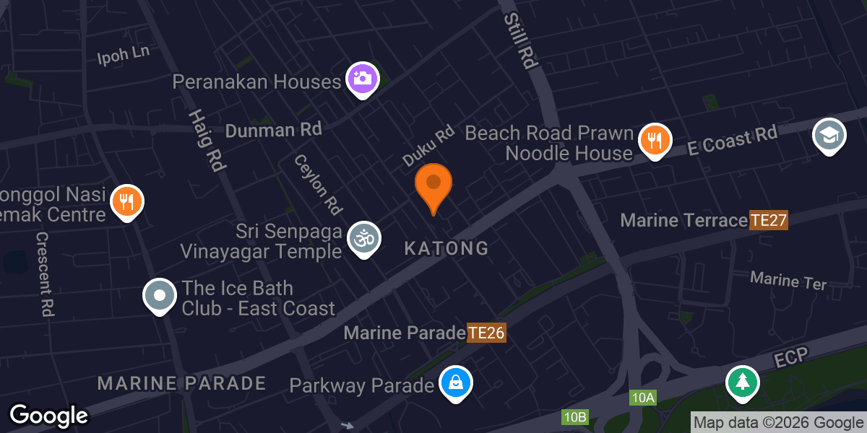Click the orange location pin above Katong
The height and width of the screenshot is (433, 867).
point(433,184)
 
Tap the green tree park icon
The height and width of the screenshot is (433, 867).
point(741,381)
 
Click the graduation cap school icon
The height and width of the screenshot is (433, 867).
point(829,134)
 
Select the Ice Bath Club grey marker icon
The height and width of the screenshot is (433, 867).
point(160,295)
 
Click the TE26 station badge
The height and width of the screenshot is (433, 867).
point(486,333)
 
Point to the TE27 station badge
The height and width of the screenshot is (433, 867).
point(767,220)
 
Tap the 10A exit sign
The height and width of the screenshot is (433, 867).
point(642,398)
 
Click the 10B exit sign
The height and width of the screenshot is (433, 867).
point(576,417)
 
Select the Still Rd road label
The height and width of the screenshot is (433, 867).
point(520,40)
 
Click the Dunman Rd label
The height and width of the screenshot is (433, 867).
point(273,130)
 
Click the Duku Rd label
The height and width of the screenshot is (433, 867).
point(428,144)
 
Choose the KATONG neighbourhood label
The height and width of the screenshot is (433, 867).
point(446,249)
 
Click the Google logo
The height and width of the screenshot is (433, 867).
point(48,416)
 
